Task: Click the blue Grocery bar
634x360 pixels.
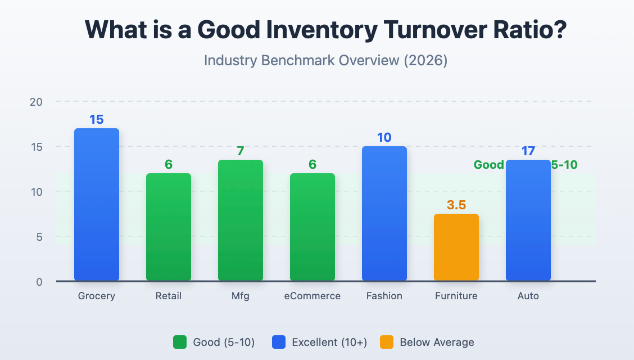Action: pos(96,205)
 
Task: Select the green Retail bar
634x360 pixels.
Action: pos(168,227)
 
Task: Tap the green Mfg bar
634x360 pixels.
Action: pos(240,220)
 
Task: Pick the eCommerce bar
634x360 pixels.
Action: pos(312,227)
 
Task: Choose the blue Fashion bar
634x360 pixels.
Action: pos(384,214)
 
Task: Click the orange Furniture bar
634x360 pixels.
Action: pos(456,247)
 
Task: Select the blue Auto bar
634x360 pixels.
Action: pos(528,220)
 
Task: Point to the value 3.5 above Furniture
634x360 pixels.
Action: pos(456,205)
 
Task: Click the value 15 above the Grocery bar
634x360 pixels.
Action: pos(96,119)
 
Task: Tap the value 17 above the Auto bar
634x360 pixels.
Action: pos(528,151)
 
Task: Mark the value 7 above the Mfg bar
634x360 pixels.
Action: pos(240,151)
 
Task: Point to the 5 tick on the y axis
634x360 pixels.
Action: pos(39,237)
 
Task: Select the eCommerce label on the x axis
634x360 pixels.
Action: pos(312,296)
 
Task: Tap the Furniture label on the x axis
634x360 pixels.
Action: pos(456,296)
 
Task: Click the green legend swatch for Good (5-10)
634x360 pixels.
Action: pos(180,342)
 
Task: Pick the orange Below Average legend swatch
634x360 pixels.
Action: pos(387,342)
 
